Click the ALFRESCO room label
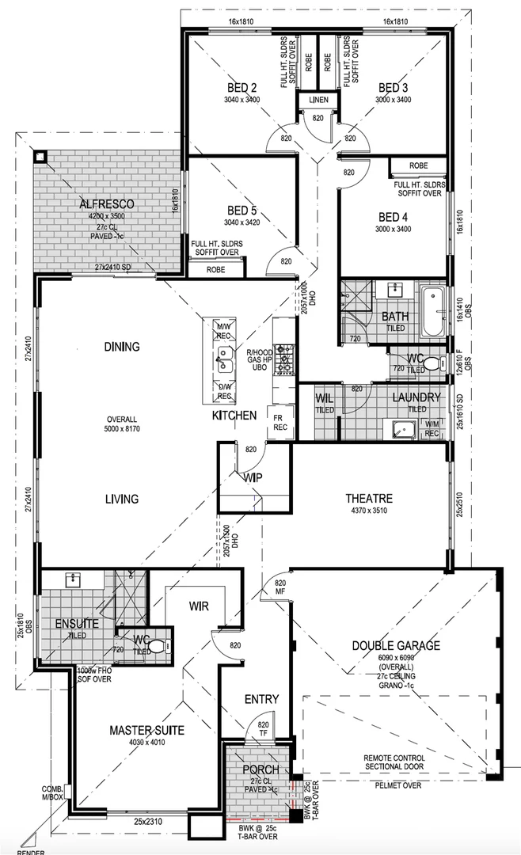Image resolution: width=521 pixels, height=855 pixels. [107, 204]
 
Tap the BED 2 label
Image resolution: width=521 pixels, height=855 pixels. [242, 88]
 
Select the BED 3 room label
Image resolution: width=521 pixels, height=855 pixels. [393, 88]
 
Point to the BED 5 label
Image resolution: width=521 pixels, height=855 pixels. [242, 211]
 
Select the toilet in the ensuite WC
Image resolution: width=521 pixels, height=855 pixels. [159, 646]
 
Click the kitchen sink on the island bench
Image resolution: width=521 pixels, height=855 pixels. [225, 363]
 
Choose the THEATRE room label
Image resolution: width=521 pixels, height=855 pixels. [369, 498]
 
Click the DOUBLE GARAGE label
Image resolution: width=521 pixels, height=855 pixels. [397, 646]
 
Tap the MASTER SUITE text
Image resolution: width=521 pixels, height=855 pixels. [146, 730]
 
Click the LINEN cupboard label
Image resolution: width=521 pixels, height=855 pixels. [318, 101]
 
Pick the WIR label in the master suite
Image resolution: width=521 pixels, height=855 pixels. [199, 606]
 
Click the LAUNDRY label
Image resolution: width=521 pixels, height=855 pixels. [416, 397]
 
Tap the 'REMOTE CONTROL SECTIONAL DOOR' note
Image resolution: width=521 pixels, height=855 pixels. [394, 762]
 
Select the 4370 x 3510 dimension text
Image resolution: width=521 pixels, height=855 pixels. [369, 511]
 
